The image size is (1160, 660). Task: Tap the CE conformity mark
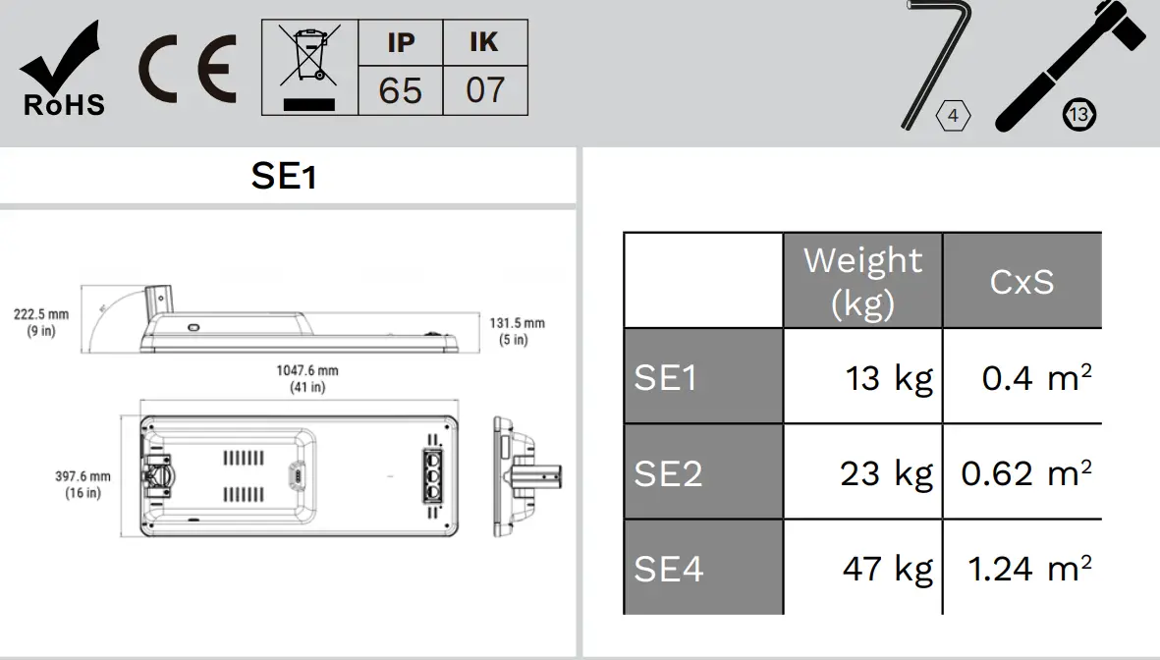point(187,70)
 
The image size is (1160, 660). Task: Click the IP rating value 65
point(400,90)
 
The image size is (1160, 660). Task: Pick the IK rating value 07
point(485,90)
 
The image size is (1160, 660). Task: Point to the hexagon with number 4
point(953,116)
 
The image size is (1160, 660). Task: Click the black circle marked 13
point(1078,115)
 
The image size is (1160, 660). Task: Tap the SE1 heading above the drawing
point(284,177)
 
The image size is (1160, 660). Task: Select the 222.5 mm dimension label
point(41,322)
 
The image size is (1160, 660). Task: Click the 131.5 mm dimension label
point(517,331)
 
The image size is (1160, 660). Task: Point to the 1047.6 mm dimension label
point(307,378)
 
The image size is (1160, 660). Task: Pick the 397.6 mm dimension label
point(83,484)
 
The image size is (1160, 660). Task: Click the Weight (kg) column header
point(862,281)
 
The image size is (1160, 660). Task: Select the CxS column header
point(1022,282)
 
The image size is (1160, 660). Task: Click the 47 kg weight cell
point(887,569)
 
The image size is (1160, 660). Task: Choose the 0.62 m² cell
point(1025,473)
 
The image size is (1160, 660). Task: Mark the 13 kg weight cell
point(888,377)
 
